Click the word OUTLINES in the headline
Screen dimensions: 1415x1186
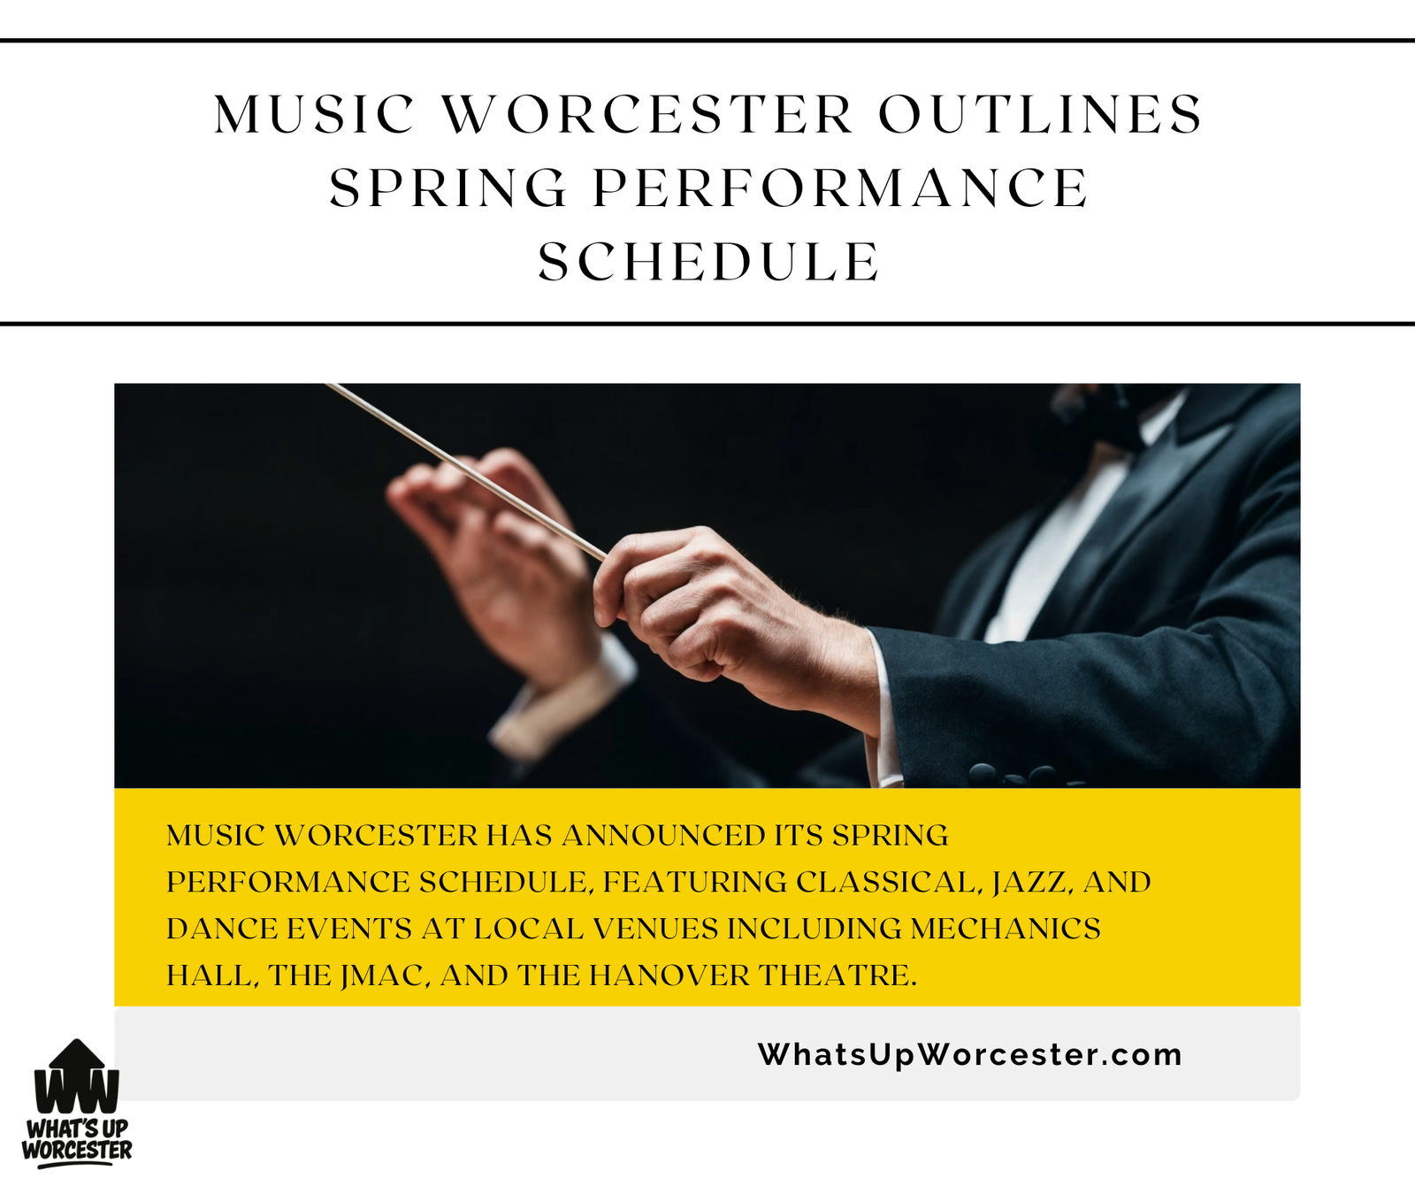[1040, 114]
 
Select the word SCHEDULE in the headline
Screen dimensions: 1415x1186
[709, 262]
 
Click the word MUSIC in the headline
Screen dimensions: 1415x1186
[314, 114]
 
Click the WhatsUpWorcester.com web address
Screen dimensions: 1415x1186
[970, 1054]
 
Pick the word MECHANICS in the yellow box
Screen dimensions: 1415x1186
[1006, 929]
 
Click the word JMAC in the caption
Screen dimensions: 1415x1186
[386, 976]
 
